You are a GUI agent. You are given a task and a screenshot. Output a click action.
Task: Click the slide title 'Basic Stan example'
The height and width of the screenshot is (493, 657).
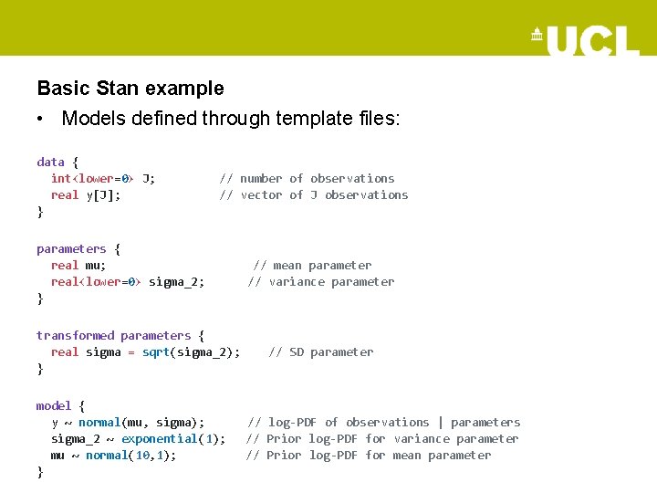point(130,89)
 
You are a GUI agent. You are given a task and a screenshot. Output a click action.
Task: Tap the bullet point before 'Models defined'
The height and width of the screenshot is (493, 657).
point(42,119)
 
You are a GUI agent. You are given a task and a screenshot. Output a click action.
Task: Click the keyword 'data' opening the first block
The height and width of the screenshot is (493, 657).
point(50,162)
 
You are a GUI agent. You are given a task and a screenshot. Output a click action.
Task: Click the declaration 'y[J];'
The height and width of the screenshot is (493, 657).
point(103,194)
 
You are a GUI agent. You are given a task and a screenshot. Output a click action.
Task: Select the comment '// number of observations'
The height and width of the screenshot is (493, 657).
point(307,178)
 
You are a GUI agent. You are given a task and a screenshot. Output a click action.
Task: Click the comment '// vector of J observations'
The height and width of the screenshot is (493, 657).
point(313,194)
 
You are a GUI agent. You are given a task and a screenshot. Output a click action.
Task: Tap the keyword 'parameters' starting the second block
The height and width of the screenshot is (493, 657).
point(71,248)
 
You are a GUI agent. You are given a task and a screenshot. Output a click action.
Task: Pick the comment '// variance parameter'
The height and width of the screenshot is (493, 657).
point(321,281)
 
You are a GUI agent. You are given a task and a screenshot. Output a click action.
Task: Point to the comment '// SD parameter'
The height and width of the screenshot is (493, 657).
point(321,351)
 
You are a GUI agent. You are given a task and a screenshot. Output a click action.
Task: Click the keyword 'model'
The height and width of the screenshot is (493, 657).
point(54,405)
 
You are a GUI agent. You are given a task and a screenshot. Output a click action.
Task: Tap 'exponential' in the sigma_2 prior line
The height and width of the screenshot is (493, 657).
point(160,438)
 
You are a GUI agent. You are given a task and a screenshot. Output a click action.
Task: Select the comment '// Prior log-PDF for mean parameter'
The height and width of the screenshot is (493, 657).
point(369,455)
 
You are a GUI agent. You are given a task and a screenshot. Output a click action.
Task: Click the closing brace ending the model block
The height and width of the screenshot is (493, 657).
point(40,472)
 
